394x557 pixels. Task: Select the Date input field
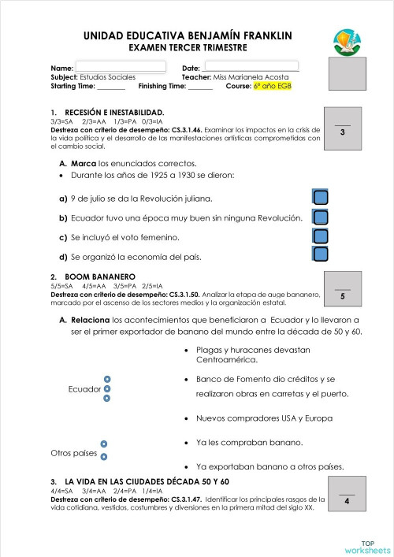pyautogui.click(x=250, y=67)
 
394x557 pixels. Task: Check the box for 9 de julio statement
pyautogui.click(x=321, y=198)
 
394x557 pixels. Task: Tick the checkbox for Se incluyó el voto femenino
pyautogui.click(x=321, y=236)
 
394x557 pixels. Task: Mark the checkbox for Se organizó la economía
pyautogui.click(x=321, y=254)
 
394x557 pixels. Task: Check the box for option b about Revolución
pyautogui.click(x=321, y=217)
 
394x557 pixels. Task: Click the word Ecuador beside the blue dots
pyautogui.click(x=84, y=389)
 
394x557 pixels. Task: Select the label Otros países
pyautogui.click(x=73, y=453)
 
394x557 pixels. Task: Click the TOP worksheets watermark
pyautogui.click(x=366, y=547)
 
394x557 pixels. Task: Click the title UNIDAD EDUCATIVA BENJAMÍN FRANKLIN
pyautogui.click(x=187, y=35)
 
